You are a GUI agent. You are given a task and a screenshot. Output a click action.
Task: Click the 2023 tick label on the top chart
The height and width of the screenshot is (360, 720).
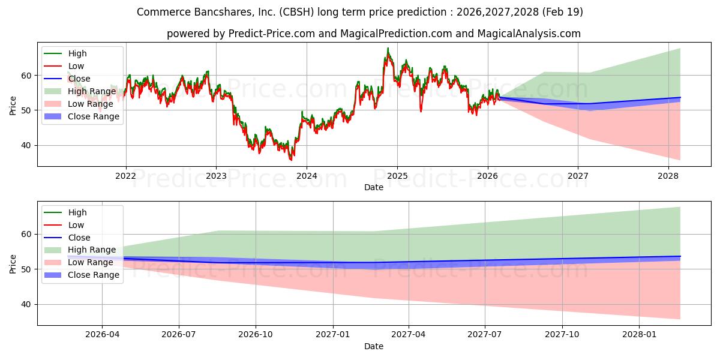[216, 176]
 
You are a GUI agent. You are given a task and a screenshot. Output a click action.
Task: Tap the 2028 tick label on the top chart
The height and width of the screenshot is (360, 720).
[668, 176]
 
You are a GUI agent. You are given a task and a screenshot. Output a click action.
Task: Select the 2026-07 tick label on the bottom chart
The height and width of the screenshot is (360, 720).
[179, 335]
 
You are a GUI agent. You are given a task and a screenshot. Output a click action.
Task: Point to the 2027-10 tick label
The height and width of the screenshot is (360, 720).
[562, 335]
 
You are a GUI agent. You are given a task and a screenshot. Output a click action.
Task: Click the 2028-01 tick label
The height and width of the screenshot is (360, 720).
[639, 335]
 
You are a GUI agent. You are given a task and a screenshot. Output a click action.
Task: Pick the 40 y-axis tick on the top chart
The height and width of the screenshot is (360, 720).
[27, 146]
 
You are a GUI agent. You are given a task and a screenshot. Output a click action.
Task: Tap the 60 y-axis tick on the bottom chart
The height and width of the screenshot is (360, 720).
[27, 235]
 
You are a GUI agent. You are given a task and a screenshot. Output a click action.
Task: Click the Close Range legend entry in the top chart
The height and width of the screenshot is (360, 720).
[82, 116]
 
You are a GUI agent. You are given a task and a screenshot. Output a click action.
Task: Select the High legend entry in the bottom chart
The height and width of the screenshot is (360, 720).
[65, 212]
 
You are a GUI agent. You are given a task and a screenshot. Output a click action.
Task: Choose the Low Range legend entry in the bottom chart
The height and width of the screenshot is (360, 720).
[79, 262]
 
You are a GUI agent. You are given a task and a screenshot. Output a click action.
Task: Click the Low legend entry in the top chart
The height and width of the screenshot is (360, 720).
[64, 66]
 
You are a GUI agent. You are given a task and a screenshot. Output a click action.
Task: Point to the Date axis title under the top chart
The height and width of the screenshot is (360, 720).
[373, 187]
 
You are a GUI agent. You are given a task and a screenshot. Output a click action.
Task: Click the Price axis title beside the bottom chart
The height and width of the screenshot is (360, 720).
[13, 264]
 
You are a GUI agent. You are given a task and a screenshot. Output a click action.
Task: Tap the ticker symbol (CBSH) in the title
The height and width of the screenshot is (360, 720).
[296, 12]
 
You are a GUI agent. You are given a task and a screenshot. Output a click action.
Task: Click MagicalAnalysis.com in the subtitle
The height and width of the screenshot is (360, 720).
[529, 34]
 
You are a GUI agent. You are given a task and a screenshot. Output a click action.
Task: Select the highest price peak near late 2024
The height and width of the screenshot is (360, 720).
[388, 48]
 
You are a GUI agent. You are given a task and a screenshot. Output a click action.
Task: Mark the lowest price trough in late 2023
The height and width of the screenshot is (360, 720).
[291, 160]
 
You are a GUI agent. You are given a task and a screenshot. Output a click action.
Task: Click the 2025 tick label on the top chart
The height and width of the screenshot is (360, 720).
[397, 176]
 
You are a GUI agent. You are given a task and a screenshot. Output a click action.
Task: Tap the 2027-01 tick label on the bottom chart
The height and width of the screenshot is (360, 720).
[332, 335]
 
